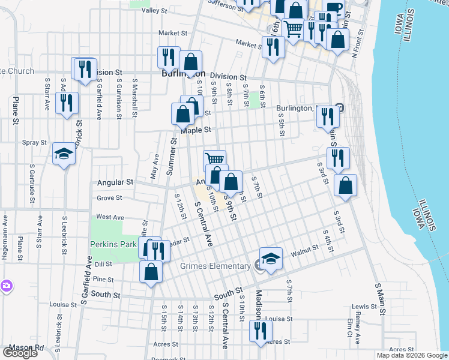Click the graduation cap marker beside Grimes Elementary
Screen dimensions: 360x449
(271, 259)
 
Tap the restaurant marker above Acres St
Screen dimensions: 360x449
(261, 331)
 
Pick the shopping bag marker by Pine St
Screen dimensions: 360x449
(151, 271)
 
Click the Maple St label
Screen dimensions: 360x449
(196, 130)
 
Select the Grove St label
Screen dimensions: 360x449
(109, 197)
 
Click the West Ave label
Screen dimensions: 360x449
(110, 217)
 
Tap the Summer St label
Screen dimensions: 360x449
(171, 156)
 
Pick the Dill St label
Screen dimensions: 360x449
(103, 264)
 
